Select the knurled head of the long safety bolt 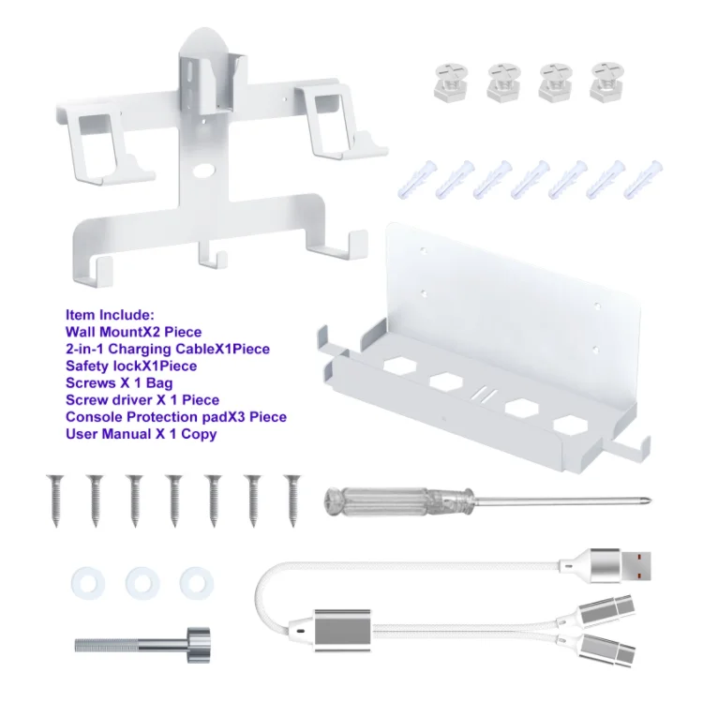click(x=198, y=645)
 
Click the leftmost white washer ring click(x=88, y=584)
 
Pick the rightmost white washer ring click(x=197, y=584)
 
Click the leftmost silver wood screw click(x=55, y=501)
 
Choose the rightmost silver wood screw click(x=293, y=501)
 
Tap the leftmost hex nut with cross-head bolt click(x=452, y=82)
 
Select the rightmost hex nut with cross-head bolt click(x=607, y=82)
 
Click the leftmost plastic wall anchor click(x=417, y=179)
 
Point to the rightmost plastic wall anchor click(x=643, y=179)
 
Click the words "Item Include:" click(x=110, y=315)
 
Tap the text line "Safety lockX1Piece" click(x=131, y=366)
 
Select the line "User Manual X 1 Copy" click(x=142, y=434)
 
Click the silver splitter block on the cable click(x=343, y=631)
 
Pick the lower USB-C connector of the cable click(x=606, y=650)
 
